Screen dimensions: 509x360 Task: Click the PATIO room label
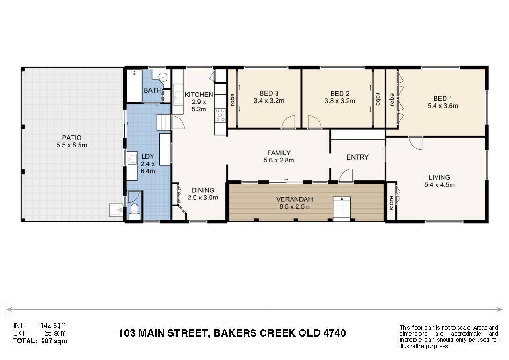(72, 138)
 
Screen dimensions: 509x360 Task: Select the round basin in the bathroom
(163, 78)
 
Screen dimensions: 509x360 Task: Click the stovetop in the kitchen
(220, 115)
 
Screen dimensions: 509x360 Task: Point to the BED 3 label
(269, 93)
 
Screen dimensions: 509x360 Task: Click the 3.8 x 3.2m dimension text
(340, 101)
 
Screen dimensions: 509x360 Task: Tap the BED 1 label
(443, 98)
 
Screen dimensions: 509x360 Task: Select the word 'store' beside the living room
(391, 203)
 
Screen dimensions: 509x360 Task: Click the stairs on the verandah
(342, 209)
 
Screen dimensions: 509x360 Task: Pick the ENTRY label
(357, 157)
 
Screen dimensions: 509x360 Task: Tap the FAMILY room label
(279, 153)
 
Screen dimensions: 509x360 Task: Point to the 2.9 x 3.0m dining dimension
(203, 197)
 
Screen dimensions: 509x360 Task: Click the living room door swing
(415, 143)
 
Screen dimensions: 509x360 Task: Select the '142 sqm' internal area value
(52, 325)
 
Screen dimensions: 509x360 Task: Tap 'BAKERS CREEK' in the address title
(254, 333)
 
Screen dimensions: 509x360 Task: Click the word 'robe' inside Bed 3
(232, 100)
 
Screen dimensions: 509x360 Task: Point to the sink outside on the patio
(116, 210)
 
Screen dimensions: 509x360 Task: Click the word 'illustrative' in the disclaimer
(413, 346)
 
